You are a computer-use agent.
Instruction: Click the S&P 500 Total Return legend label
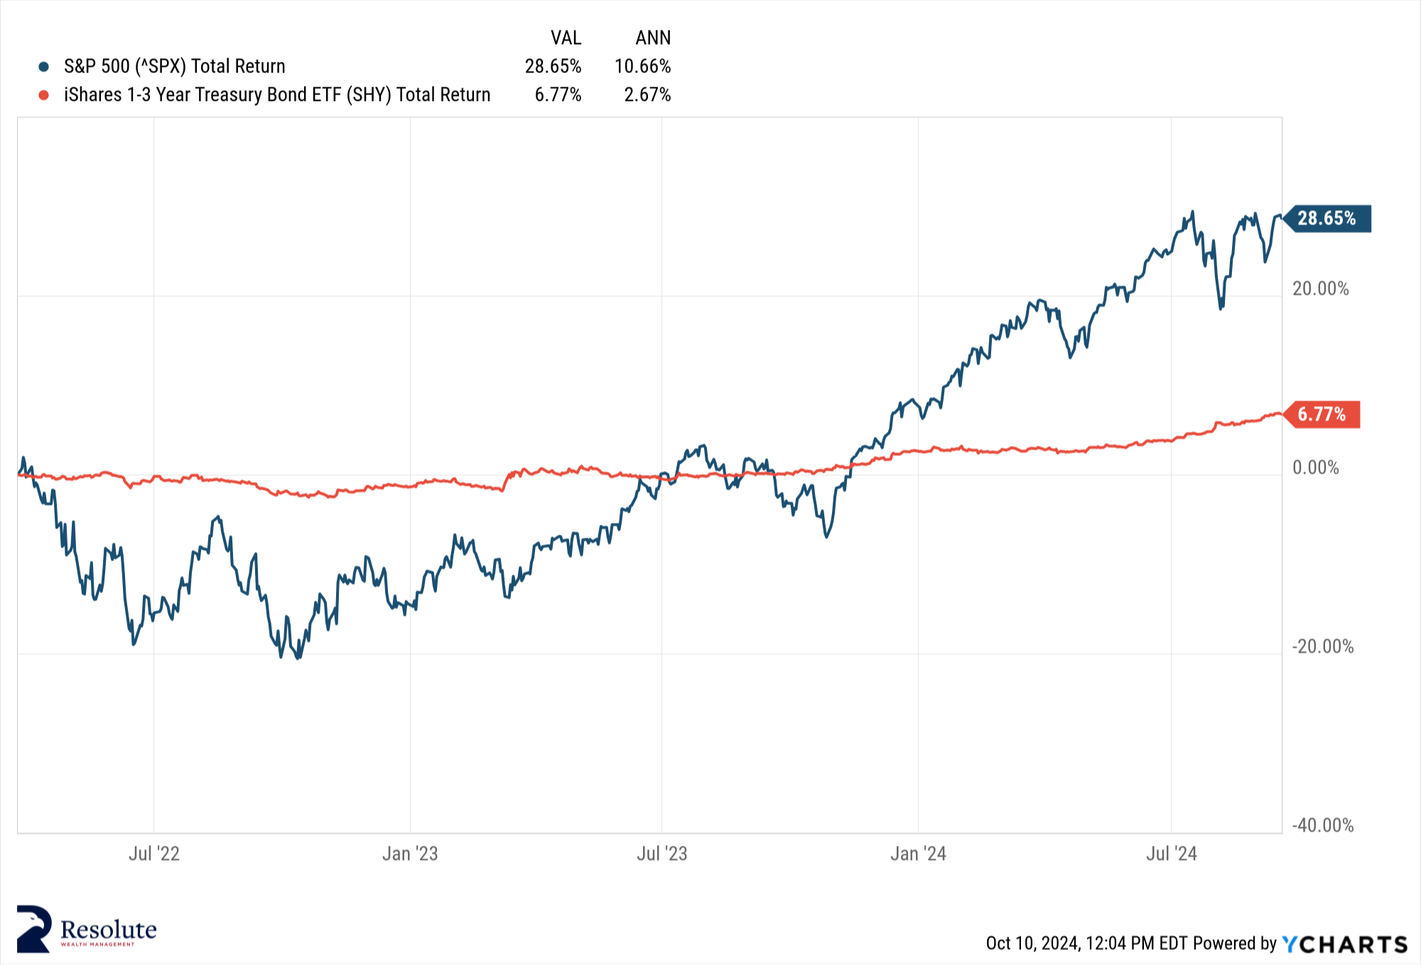(174, 67)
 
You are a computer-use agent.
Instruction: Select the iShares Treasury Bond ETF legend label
(277, 95)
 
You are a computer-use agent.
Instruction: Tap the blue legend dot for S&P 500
(44, 67)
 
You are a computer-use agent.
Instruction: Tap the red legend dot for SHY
(44, 95)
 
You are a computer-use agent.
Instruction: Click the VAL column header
(566, 38)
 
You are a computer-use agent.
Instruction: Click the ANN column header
(653, 38)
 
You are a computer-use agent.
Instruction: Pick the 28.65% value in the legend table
(553, 67)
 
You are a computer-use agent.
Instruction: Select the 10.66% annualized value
(642, 67)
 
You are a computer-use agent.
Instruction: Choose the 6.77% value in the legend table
(558, 95)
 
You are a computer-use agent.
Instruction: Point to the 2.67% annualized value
(647, 95)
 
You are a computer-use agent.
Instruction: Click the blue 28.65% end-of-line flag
(1327, 219)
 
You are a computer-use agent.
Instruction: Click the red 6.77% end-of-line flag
(1322, 415)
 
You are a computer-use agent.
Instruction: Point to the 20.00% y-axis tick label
(1320, 289)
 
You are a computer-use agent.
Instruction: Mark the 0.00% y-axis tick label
(1315, 468)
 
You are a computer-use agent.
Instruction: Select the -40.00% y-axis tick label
(1322, 826)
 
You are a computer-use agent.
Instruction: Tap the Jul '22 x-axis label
(154, 854)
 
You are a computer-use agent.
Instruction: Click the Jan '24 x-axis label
(918, 854)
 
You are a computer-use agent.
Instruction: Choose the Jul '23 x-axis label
(661, 854)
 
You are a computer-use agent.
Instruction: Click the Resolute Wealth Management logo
(87, 929)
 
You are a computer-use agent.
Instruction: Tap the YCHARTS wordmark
(1345, 944)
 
